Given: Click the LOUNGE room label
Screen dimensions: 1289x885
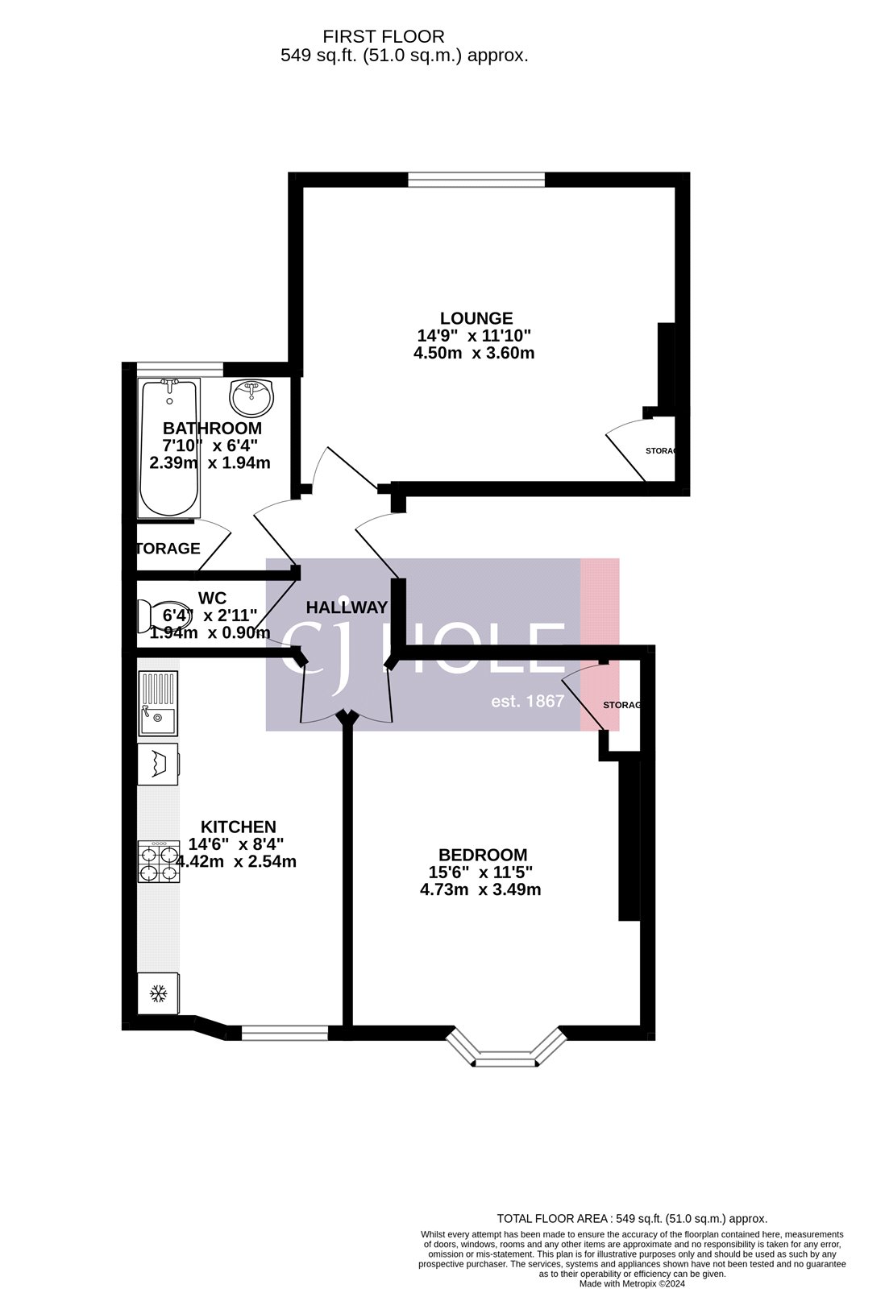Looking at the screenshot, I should [476, 318].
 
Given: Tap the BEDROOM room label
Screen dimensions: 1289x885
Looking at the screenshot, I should [482, 855].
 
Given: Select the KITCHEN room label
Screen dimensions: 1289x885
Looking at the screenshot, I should [238, 827].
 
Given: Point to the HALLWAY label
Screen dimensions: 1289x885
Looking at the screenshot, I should [347, 607].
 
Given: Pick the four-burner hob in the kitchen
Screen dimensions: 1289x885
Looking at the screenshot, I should [158, 862].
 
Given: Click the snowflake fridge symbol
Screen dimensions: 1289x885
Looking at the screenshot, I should [158, 993].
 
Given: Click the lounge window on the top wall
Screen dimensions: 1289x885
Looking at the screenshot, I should [476, 180].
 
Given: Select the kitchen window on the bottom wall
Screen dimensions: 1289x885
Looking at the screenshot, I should [285, 1033].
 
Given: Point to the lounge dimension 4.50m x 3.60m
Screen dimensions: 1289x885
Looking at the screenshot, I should [474, 353].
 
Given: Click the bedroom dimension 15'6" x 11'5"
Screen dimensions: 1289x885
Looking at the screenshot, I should [480, 872].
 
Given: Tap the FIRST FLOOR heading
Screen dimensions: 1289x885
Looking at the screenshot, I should [383, 36].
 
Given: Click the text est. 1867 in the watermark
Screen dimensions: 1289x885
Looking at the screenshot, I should [527, 701].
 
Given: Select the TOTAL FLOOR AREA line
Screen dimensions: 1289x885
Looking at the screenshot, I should [631, 1219].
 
